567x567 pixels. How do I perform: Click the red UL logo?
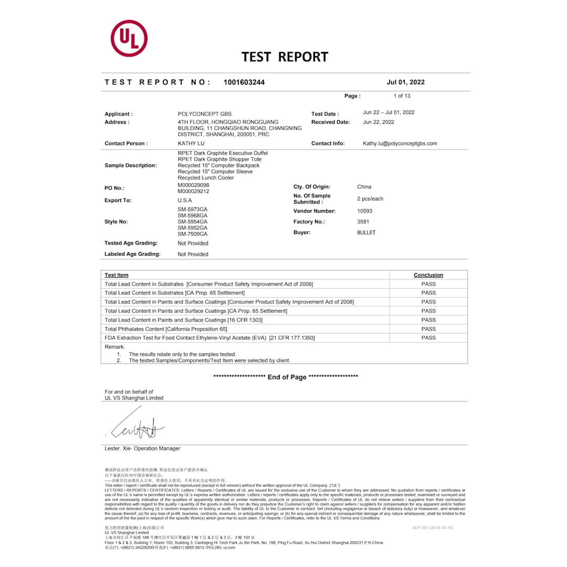coord(129,38)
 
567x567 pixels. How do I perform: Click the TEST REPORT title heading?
coord(285,57)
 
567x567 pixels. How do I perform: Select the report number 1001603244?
coord(244,82)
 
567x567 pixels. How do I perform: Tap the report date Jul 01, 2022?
coord(405,82)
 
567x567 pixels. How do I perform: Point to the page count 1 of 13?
coord(402,96)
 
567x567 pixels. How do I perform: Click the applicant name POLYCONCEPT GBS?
coord(204,114)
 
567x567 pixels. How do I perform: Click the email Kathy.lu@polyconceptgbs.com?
coord(400,143)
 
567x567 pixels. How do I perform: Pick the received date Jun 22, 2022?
coord(378,122)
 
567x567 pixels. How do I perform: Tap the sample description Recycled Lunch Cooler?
coord(206,178)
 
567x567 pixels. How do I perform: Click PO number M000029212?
coord(193,192)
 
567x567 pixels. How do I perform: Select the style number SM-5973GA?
coord(192,209)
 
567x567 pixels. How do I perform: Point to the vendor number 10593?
coord(364,211)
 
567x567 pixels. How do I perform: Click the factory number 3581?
coord(363,222)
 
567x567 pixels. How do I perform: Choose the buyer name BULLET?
coord(366,233)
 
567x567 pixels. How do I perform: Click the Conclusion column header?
coord(428,275)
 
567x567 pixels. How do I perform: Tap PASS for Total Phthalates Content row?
coord(428,329)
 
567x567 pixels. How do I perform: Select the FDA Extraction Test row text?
coord(209,338)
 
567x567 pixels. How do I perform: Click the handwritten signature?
coord(138,428)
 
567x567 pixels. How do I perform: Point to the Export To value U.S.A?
coord(184,201)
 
